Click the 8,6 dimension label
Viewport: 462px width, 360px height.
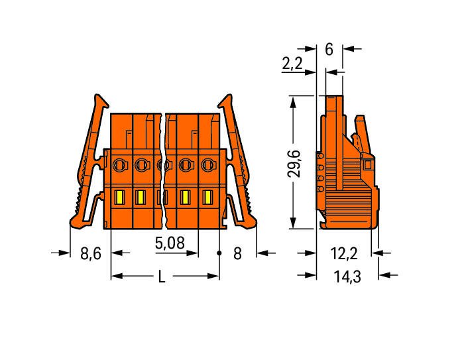[91, 253]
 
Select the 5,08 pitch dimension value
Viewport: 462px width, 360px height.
[170, 243]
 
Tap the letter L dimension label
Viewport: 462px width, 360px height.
[162, 276]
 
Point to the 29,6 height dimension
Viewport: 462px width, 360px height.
[294, 164]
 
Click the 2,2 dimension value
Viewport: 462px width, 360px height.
[292, 64]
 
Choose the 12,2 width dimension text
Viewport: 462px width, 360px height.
[344, 253]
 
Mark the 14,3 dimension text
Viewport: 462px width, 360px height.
[347, 276]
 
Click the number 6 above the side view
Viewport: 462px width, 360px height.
[329, 49]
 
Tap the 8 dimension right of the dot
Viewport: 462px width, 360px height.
[237, 253]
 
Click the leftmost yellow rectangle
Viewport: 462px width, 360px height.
[119, 197]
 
